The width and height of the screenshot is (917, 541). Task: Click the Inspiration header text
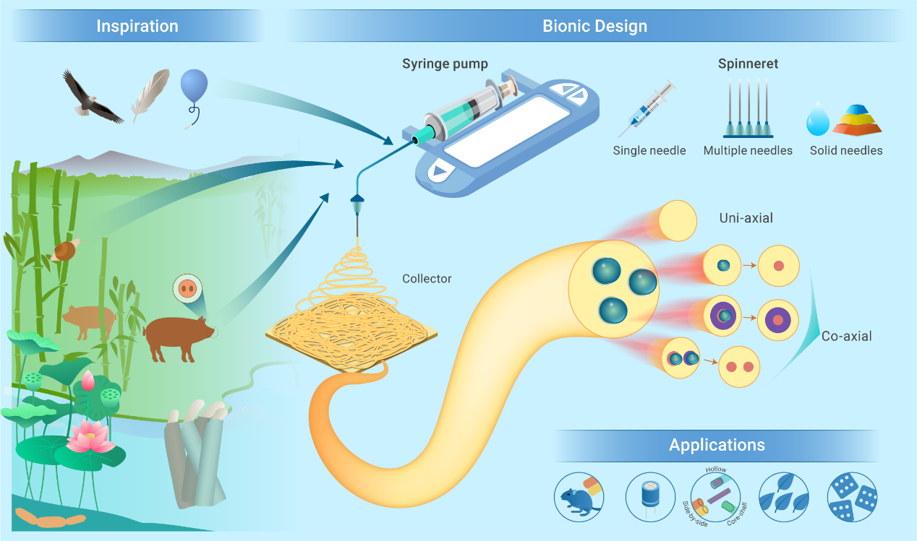click(137, 27)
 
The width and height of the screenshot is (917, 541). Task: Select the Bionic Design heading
click(594, 27)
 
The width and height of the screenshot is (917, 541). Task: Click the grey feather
click(150, 95)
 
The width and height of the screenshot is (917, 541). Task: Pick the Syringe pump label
click(445, 64)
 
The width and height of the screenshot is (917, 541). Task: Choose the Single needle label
click(649, 151)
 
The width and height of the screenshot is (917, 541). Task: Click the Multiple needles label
click(748, 151)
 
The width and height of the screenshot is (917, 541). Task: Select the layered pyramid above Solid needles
click(858, 119)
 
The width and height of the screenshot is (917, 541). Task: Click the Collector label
click(427, 278)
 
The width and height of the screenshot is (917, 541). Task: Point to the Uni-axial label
click(746, 217)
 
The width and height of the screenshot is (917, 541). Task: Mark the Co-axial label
click(847, 336)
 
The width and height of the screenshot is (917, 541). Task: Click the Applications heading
click(717, 445)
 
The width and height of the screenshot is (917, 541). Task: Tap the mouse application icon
click(579, 497)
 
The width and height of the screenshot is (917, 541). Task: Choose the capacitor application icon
click(649, 498)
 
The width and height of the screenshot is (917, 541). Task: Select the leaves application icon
click(784, 497)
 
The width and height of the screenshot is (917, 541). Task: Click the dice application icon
click(852, 497)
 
